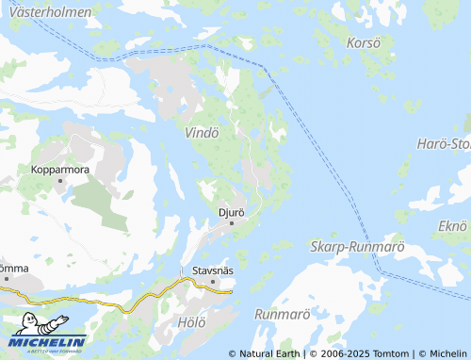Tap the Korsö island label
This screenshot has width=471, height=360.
point(363,43)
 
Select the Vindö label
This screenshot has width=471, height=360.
point(203,133)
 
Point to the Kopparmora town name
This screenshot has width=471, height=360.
point(59,170)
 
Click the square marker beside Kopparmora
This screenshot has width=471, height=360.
point(59,180)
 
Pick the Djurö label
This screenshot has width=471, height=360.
point(231,212)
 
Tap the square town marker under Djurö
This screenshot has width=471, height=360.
point(232,222)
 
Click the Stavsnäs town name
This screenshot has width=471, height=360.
point(212,270)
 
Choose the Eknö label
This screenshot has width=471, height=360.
point(453,226)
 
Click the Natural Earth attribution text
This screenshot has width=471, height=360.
point(264,353)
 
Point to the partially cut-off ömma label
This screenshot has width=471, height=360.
point(14,269)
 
